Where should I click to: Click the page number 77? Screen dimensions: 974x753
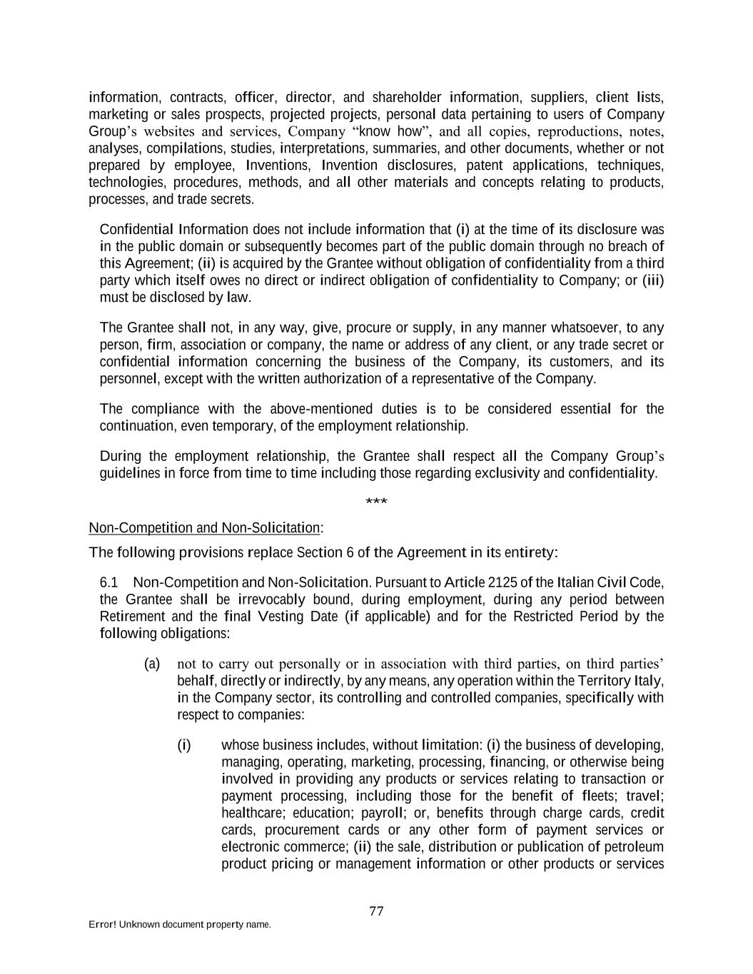377,911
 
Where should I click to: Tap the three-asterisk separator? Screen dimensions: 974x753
376,502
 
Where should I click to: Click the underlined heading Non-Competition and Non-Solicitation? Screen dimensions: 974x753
204,528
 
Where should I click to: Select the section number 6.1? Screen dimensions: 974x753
109,583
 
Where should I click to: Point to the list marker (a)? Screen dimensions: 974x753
152,664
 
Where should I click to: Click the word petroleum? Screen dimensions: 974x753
634,847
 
